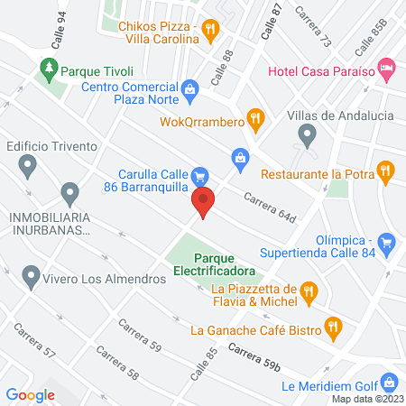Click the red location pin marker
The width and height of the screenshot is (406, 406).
click(x=205, y=203)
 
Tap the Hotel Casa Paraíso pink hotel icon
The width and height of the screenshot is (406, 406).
click(x=386, y=67)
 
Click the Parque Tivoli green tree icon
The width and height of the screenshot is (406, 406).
click(x=49, y=68)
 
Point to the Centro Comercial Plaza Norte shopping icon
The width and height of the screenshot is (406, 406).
click(x=190, y=88)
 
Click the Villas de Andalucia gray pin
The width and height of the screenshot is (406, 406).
click(x=307, y=135)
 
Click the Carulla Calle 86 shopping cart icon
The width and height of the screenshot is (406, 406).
click(x=200, y=175)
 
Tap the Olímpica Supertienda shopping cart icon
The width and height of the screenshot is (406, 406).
click(x=386, y=241)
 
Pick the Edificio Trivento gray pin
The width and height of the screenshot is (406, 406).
click(x=28, y=165)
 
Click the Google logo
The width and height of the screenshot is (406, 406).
click(x=31, y=394)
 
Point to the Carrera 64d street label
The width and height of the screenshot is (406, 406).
click(x=270, y=206)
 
